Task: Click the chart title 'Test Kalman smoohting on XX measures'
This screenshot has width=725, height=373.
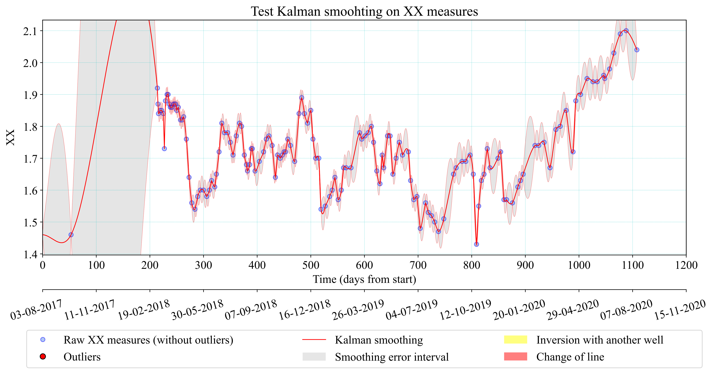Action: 364,12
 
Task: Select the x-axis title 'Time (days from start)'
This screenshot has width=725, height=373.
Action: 364,279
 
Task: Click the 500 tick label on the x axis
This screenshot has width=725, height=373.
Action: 311,265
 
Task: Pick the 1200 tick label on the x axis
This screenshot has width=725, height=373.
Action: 686,265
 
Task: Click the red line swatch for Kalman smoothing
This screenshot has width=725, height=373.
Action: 314,340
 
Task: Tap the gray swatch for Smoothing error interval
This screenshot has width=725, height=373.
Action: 314,357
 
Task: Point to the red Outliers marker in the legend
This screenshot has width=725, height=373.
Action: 43,357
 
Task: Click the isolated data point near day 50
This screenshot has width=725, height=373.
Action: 71,235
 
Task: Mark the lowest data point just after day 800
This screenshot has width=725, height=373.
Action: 476,244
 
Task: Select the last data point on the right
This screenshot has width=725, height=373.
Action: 637,50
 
